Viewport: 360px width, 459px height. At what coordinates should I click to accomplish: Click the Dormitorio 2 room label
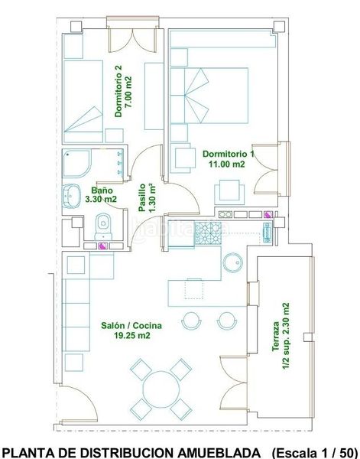coord(118,91)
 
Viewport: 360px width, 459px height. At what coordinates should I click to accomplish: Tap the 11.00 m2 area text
coord(227,164)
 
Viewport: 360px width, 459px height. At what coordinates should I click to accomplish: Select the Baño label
coord(102,190)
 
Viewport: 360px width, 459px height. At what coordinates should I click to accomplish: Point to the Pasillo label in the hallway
coord(142,197)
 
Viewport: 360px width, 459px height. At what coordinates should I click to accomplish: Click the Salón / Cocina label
coord(131,326)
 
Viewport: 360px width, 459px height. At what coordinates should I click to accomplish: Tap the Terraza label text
coord(276,336)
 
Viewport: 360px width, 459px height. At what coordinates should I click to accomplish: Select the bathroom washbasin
coord(71,196)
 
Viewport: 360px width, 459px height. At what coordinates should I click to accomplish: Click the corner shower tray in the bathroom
coord(76,164)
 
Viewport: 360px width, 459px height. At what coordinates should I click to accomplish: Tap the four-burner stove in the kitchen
coord(208,233)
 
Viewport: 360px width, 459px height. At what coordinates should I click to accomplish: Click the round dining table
coord(161,389)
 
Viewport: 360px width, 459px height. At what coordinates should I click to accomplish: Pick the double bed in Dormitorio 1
coord(209,96)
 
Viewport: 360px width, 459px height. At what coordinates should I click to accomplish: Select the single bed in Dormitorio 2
coord(83,102)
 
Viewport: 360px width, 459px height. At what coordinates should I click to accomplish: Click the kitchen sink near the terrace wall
coord(268,233)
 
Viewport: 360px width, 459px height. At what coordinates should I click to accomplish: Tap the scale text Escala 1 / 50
coord(315,453)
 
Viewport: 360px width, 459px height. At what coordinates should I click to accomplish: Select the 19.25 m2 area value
coord(132,336)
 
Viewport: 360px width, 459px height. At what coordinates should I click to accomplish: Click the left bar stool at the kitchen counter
coord(192,321)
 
